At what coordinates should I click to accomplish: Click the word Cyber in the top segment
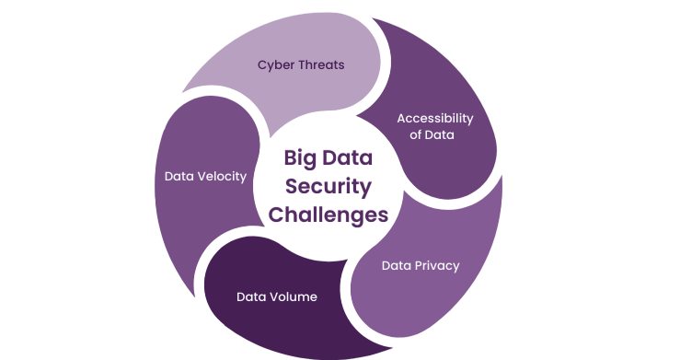(275, 65)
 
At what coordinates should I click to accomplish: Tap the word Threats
(322, 65)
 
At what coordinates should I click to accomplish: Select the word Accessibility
(434, 119)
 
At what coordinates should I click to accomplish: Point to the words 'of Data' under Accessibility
(434, 135)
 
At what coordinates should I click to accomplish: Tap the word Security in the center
(328, 186)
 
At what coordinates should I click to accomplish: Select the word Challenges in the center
(328, 215)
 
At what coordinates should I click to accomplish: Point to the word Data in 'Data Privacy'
(397, 266)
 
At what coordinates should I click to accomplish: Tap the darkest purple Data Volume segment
(276, 322)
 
